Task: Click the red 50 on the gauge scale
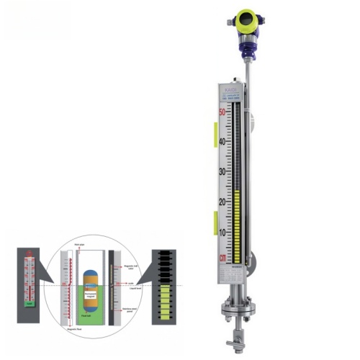click(222, 112)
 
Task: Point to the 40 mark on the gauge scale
click(222, 141)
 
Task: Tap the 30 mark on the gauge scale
click(222, 171)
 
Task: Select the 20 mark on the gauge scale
click(222, 202)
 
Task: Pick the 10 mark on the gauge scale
click(222, 232)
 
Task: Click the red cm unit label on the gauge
click(222, 257)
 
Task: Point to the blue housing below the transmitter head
click(247, 47)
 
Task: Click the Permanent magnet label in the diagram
click(91, 294)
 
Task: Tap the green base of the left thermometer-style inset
click(28, 302)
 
